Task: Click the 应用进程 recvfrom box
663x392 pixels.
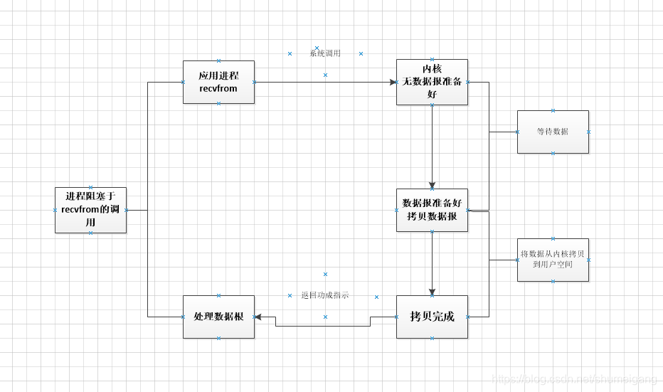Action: coord(218,82)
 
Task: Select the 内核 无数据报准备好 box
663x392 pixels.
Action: coord(432,82)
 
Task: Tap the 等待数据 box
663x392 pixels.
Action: coord(553,132)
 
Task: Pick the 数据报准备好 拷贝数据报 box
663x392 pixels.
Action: coord(432,210)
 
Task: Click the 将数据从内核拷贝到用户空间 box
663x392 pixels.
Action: coord(553,260)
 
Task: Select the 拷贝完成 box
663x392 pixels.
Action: coord(432,317)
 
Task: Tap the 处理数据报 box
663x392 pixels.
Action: coord(218,317)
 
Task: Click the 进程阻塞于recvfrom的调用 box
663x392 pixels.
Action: coord(90,210)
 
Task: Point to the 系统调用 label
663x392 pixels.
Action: coord(325,53)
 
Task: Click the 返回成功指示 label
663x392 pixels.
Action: coord(325,295)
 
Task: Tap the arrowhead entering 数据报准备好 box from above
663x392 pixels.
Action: coord(432,185)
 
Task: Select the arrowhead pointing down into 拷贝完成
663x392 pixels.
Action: coord(432,292)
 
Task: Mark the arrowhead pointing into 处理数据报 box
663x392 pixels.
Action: coord(258,317)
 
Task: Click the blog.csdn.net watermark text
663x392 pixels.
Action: coord(576,378)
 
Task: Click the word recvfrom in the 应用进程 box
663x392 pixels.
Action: coord(218,89)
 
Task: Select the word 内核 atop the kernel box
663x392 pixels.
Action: coord(432,69)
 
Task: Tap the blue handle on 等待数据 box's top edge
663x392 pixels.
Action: coord(553,110)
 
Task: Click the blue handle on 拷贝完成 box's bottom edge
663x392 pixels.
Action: coord(432,338)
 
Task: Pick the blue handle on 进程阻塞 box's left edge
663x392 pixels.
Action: coord(55,210)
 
